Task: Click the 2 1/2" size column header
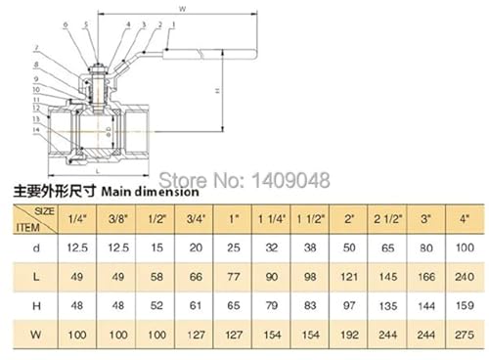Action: (x=387, y=219)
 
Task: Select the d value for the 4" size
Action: (x=465, y=247)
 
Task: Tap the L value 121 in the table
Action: (x=349, y=277)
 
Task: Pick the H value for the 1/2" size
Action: (x=156, y=305)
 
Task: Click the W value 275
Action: (x=465, y=335)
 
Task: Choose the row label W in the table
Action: (x=36, y=335)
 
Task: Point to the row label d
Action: (x=36, y=247)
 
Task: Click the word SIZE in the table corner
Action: (x=44, y=211)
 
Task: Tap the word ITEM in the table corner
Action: (x=28, y=227)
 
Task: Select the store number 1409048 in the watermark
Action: (x=291, y=180)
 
